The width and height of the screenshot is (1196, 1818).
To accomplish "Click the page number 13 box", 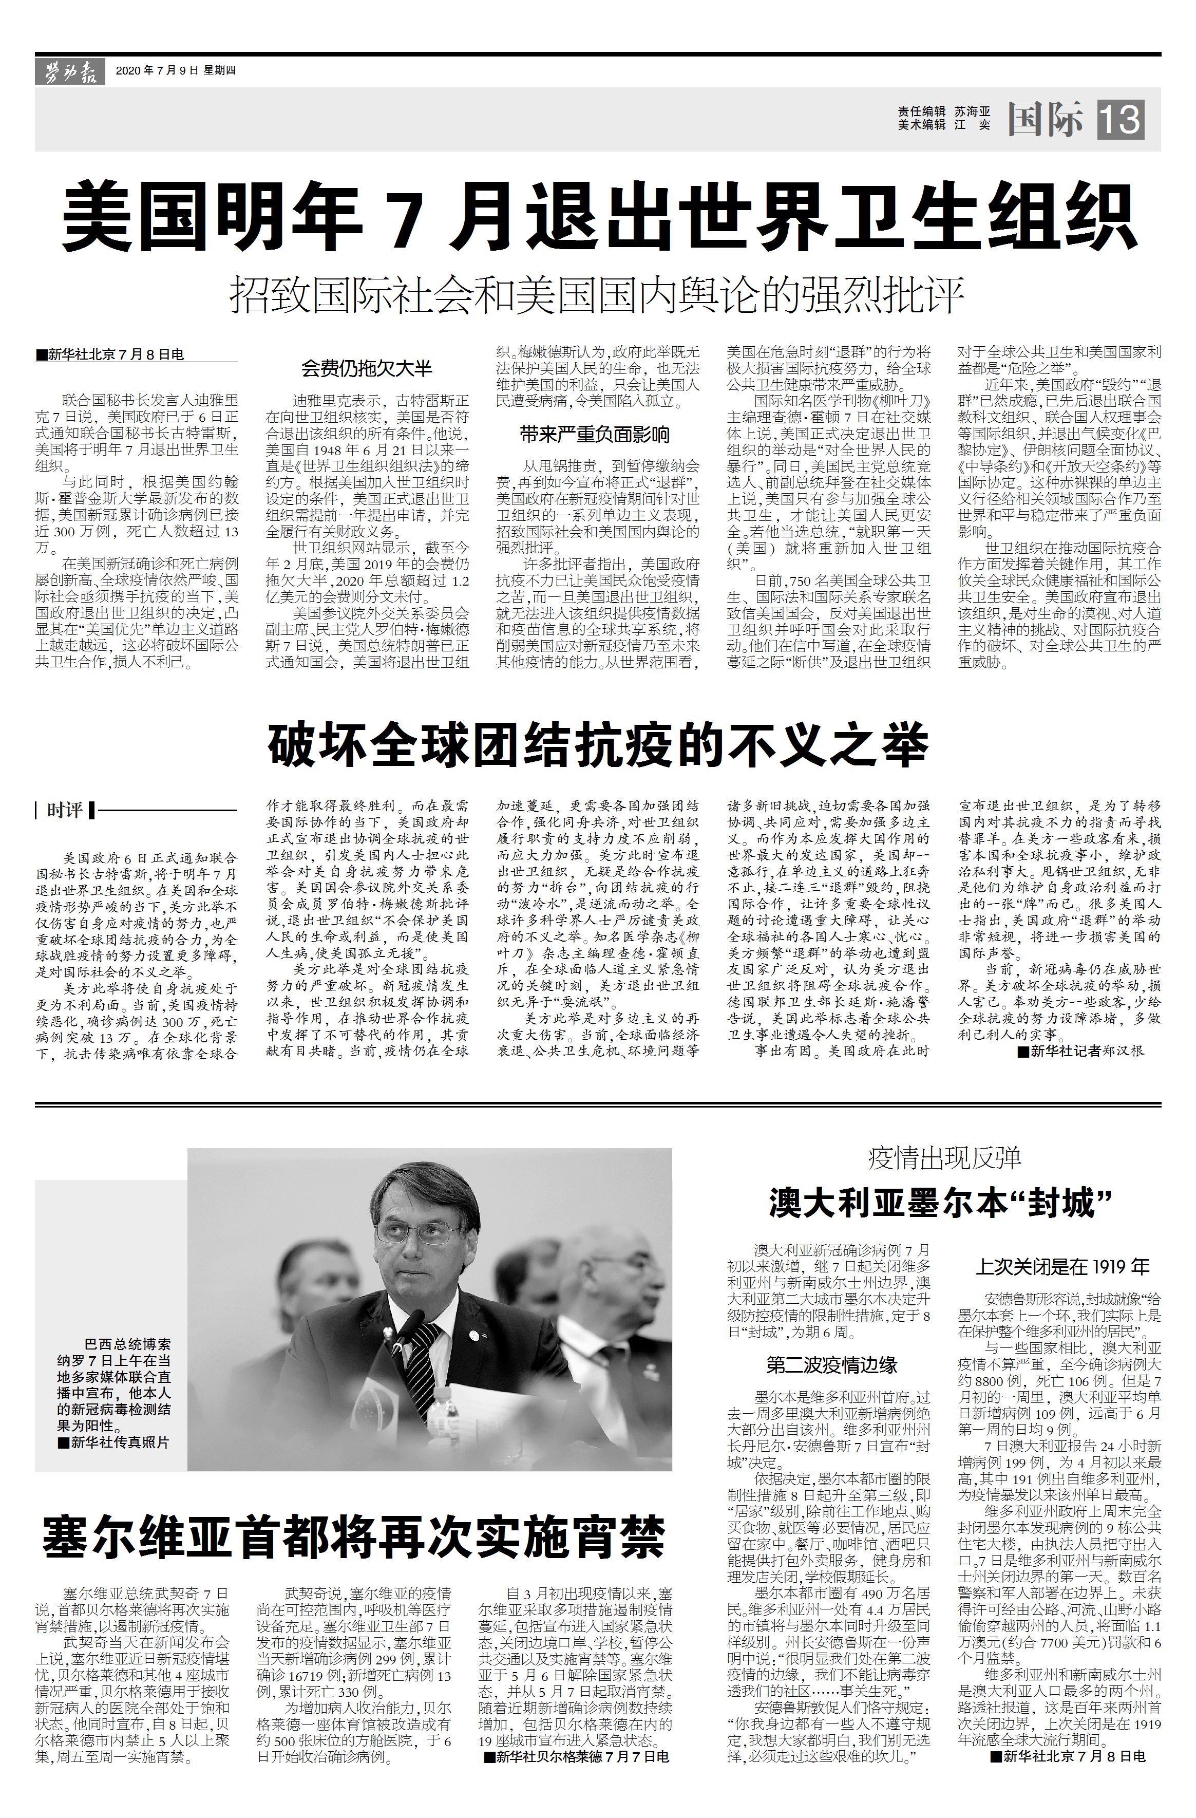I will [x=1121, y=120].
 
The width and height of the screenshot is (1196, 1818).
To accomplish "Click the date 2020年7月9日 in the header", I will [x=157, y=71].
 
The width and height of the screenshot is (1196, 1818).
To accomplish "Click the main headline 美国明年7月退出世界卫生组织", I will [x=598, y=216].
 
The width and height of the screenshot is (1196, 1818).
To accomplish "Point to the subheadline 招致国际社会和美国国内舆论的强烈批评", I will [x=598, y=295].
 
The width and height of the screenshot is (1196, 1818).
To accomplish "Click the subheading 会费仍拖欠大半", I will [x=367, y=369].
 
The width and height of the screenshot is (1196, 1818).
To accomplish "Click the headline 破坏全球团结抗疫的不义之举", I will [x=598, y=745].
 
